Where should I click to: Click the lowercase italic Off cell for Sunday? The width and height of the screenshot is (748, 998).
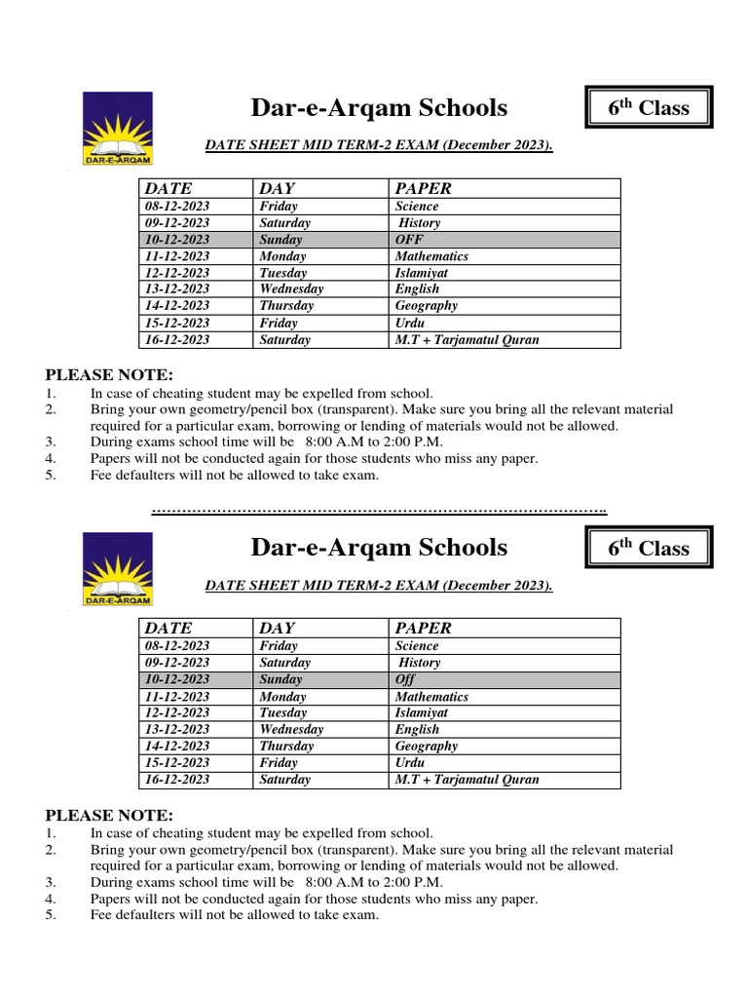pyautogui.click(x=405, y=679)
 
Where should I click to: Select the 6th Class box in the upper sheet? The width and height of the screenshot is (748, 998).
pyautogui.click(x=649, y=108)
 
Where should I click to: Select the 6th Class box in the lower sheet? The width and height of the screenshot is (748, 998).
pyautogui.click(x=649, y=549)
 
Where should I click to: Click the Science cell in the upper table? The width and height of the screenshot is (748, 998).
pyautogui.click(x=417, y=207)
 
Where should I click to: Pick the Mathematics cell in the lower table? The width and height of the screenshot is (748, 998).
pyautogui.click(x=431, y=697)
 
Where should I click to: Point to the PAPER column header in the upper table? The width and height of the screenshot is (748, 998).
pyautogui.click(x=423, y=188)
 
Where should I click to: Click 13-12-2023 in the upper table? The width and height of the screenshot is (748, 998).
pyautogui.click(x=176, y=289)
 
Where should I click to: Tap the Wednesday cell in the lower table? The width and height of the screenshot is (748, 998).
pyautogui.click(x=291, y=729)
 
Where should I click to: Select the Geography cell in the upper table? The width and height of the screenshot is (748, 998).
pyautogui.click(x=427, y=306)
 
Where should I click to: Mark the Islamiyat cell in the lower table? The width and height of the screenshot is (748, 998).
pyautogui.click(x=422, y=712)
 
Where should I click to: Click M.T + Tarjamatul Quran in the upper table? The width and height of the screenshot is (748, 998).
pyautogui.click(x=467, y=340)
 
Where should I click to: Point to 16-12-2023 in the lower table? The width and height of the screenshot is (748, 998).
pyautogui.click(x=176, y=780)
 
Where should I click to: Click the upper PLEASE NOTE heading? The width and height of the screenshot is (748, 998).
pyautogui.click(x=109, y=375)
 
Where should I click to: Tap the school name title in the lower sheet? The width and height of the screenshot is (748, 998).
pyautogui.click(x=379, y=548)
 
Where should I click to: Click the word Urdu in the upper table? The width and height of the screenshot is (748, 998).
pyautogui.click(x=411, y=323)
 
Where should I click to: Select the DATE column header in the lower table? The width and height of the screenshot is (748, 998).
pyautogui.click(x=168, y=629)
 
